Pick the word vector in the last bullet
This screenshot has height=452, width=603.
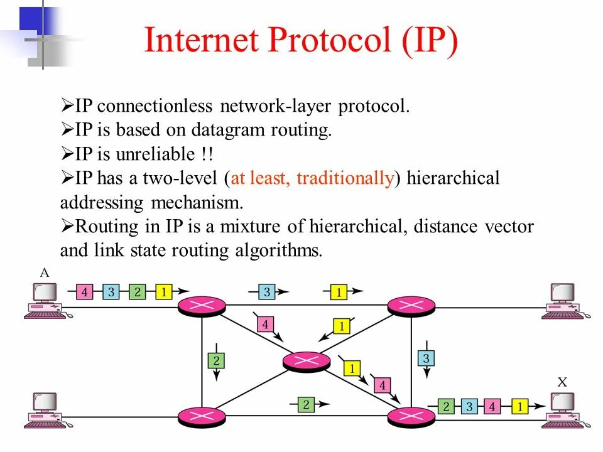click(510, 226)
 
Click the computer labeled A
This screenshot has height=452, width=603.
click(44, 300)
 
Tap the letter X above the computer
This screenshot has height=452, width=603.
click(562, 382)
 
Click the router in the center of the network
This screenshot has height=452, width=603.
click(306, 360)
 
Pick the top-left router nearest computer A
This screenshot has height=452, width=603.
click(202, 306)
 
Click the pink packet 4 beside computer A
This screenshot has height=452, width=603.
click(84, 292)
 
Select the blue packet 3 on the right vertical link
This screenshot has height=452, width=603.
click(425, 359)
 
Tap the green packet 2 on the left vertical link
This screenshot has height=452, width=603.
click(215, 360)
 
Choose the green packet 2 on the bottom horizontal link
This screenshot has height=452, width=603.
click(306, 405)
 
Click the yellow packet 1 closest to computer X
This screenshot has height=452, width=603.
click(519, 407)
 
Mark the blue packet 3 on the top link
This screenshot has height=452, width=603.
click(266, 292)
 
